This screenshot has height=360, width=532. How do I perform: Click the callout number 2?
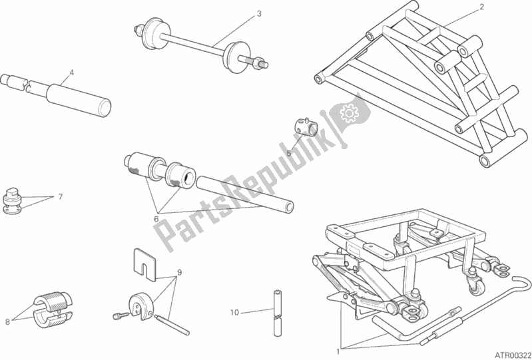click(481, 7)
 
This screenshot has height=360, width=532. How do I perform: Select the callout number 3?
click(259, 13)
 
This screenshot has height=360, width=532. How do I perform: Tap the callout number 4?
click(72, 73)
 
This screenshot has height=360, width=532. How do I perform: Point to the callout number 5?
click(289, 153)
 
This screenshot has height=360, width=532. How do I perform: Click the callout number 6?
click(156, 220)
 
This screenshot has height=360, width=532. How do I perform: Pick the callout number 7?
click(61, 196)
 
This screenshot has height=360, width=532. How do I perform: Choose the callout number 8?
click(7, 322)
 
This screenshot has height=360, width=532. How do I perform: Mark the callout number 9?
click(180, 272)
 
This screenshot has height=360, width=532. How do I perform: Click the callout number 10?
click(234, 313)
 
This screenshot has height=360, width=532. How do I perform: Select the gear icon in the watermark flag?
click(350, 114)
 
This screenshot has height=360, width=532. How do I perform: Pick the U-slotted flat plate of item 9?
click(144, 265)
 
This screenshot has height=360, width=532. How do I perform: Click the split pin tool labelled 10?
click(278, 313)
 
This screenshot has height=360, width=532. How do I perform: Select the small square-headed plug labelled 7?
click(13, 200)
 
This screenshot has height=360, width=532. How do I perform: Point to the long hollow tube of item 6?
click(245, 194)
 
